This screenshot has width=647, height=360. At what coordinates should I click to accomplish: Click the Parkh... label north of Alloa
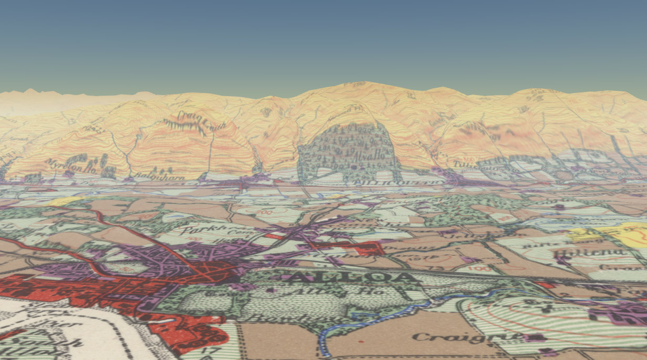tap(202, 230)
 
